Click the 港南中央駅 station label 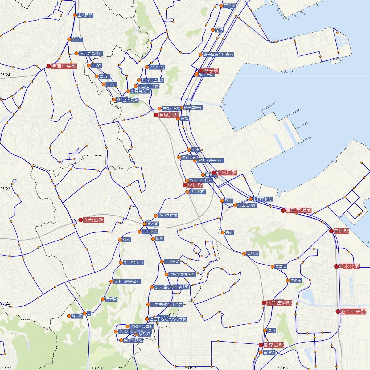click(64, 66)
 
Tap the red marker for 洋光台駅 click(81, 220)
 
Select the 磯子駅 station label click(211, 71)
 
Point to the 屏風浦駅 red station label click(169, 115)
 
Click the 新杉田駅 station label click(226, 172)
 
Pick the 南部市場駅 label click(298, 211)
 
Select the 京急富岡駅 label click(279, 303)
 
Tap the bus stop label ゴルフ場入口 click(133, 263)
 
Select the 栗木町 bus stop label click(153, 224)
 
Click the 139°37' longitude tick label click(191, 368)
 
